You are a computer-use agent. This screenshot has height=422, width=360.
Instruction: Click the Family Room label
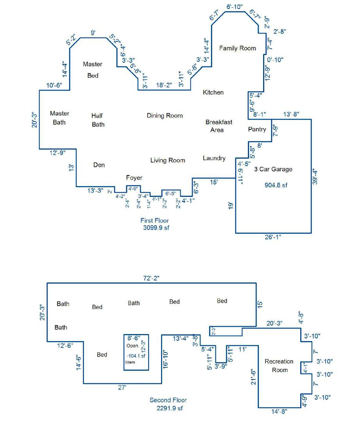(x=237, y=48)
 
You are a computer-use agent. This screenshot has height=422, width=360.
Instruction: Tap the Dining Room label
(x=165, y=115)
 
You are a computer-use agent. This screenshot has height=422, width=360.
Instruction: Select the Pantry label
(x=257, y=129)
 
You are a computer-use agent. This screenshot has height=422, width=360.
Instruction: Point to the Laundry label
(x=214, y=158)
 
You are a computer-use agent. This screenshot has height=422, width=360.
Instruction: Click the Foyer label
(x=134, y=178)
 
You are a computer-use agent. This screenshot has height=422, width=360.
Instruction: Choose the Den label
(x=99, y=165)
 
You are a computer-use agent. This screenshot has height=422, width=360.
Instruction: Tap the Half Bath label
(x=98, y=120)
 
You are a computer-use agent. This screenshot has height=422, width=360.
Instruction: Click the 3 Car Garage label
(x=273, y=169)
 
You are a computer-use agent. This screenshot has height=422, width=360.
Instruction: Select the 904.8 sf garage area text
(x=276, y=185)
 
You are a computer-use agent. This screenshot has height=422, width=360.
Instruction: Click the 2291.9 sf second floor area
(x=169, y=408)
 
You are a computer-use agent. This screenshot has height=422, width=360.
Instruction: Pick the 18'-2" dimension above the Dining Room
(x=164, y=85)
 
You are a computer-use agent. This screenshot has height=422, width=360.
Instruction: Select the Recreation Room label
(x=279, y=365)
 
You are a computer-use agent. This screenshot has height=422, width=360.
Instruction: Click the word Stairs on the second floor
(x=130, y=362)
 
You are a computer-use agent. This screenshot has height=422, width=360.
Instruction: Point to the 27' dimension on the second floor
(x=122, y=387)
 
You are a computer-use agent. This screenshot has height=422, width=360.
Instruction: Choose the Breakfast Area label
(x=219, y=126)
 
